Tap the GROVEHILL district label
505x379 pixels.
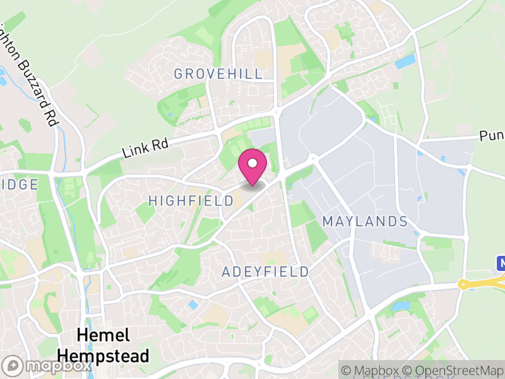click(218, 74)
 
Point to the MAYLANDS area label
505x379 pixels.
click(365, 222)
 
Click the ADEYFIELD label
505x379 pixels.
click(266, 272)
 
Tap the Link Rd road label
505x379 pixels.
click(145, 148)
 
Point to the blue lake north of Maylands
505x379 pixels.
click(405, 62)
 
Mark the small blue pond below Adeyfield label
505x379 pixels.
click(193, 305)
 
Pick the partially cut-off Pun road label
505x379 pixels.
click(491, 136)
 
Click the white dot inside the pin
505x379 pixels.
click(252, 164)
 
